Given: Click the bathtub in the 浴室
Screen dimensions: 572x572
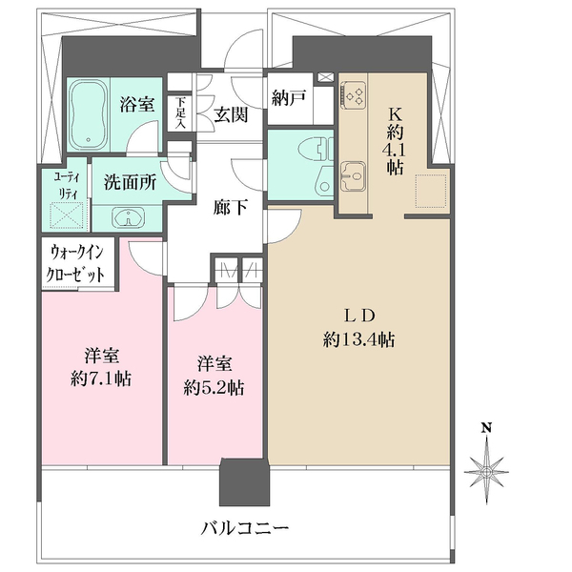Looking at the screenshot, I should tap(92, 117).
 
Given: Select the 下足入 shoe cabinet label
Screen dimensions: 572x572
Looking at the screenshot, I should tap(180, 112).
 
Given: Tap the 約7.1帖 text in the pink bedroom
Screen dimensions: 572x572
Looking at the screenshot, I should tap(100, 378).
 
